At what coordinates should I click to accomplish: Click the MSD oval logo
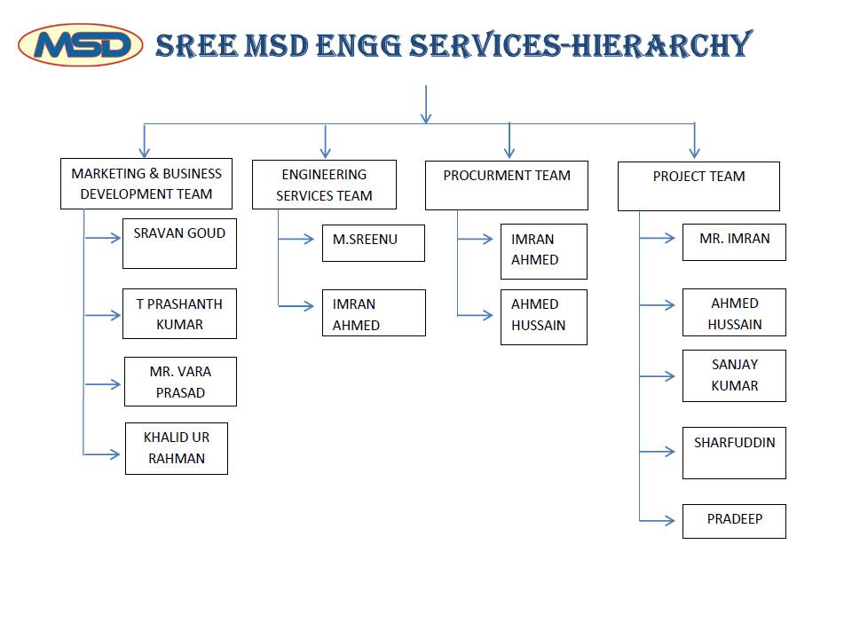[x=81, y=45]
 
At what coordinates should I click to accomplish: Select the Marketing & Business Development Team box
[x=146, y=184]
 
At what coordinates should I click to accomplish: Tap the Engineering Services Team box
[x=325, y=185]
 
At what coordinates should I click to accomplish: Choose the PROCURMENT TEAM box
[x=507, y=185]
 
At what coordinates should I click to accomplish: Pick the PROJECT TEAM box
[x=698, y=186]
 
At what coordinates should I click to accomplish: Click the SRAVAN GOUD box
[x=179, y=243]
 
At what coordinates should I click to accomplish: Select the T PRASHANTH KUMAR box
[x=179, y=313]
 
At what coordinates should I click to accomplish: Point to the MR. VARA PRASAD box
[x=180, y=382]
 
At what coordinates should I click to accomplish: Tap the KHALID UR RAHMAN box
[x=177, y=449]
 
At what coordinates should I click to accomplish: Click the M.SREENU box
[x=374, y=243]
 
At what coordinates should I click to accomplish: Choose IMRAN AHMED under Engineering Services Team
[x=374, y=313]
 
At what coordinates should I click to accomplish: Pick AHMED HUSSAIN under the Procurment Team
[x=544, y=318]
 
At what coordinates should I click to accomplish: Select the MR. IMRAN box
[x=734, y=241]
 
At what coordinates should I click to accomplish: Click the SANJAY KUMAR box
[x=734, y=376]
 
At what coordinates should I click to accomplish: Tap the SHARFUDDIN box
[x=734, y=454]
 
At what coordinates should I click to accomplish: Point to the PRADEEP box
[x=734, y=522]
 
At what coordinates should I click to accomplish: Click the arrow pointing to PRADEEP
[x=657, y=521]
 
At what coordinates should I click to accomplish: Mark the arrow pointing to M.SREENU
[x=296, y=239]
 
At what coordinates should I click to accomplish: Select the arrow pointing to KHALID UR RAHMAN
[x=101, y=454]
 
